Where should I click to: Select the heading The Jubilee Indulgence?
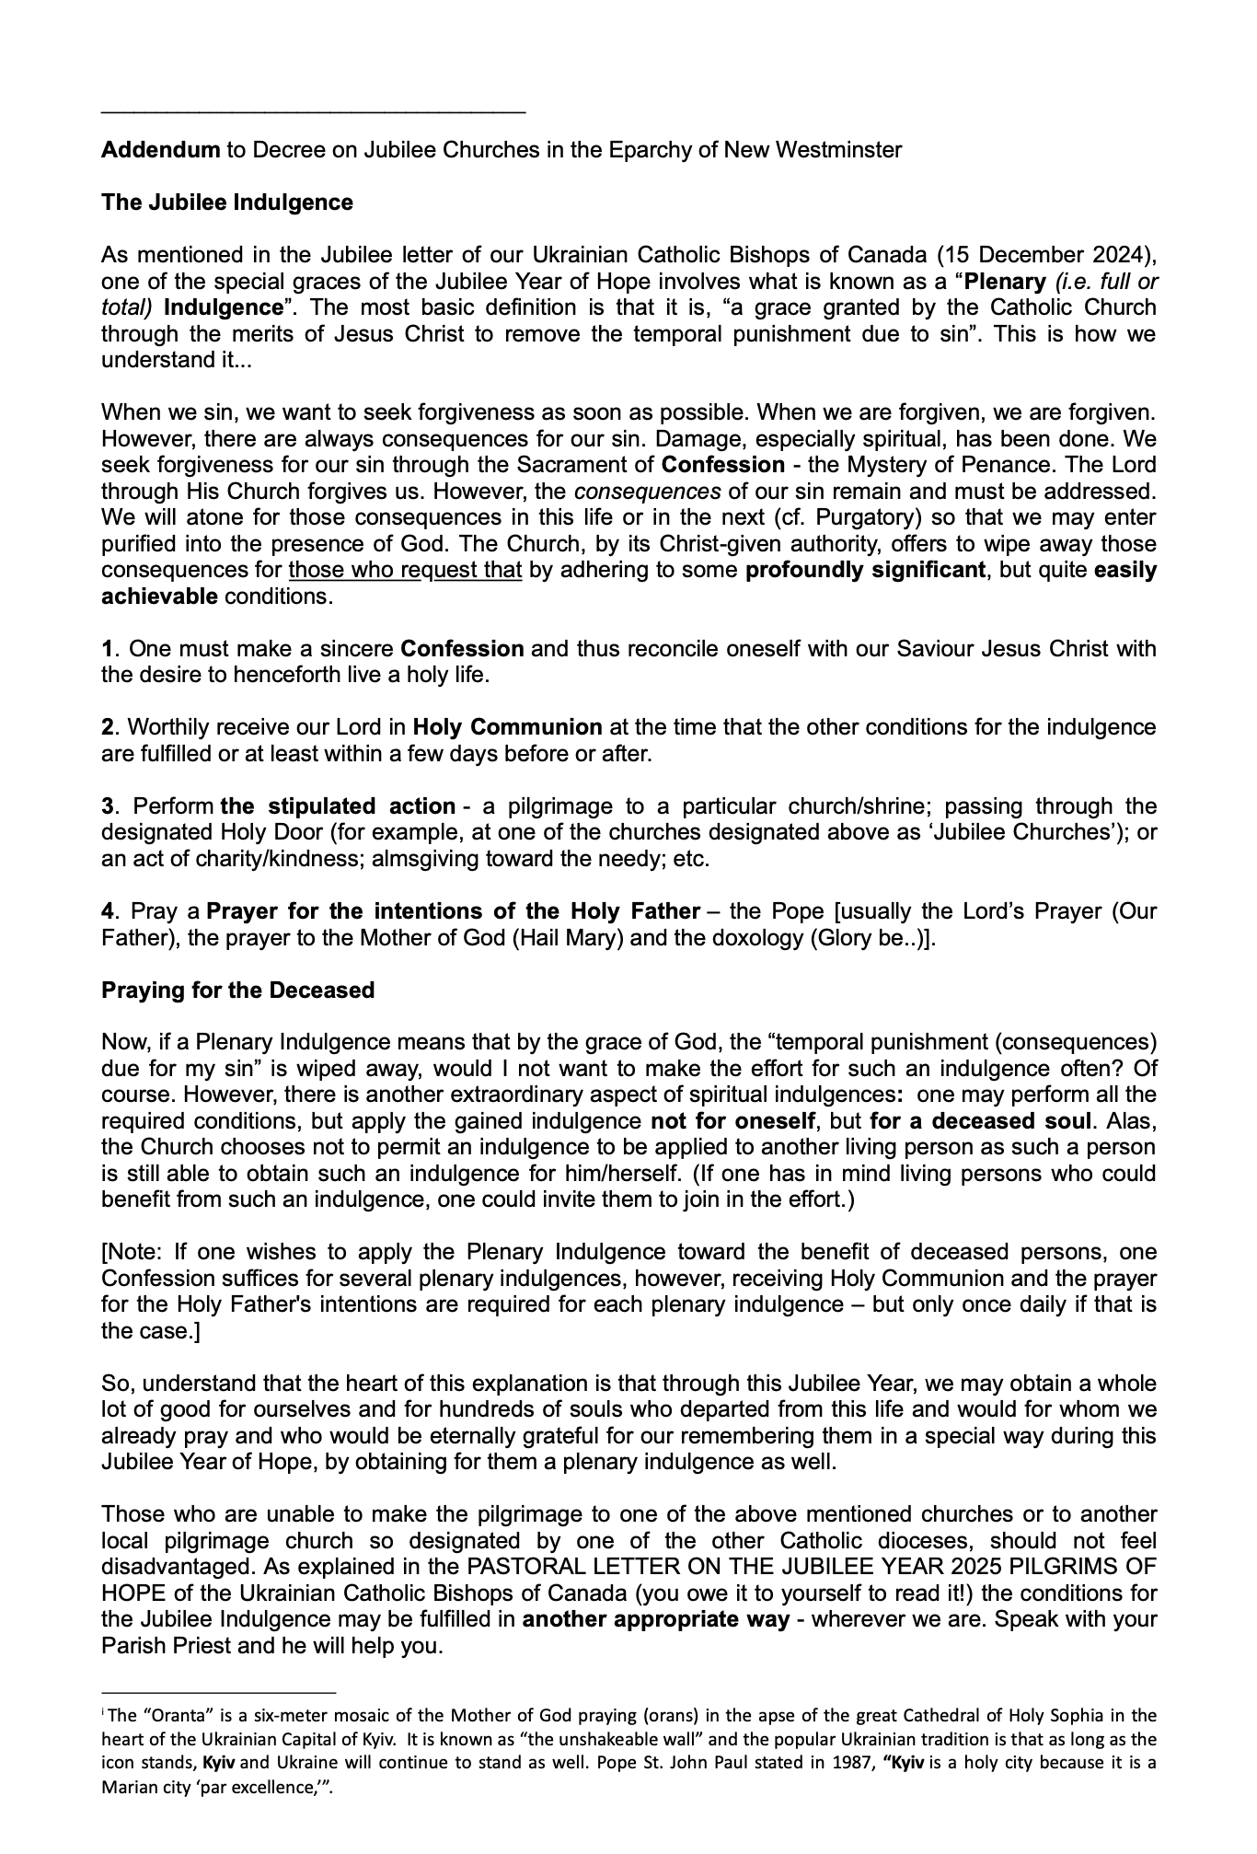226,202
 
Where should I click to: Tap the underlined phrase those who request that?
405,570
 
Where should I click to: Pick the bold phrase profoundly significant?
865,570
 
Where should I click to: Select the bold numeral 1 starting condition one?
107,648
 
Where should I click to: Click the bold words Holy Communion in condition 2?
507,727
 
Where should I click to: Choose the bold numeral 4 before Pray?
108,911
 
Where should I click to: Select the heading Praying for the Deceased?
237,990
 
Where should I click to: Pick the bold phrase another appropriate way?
655,1619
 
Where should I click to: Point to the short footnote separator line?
219,1692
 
